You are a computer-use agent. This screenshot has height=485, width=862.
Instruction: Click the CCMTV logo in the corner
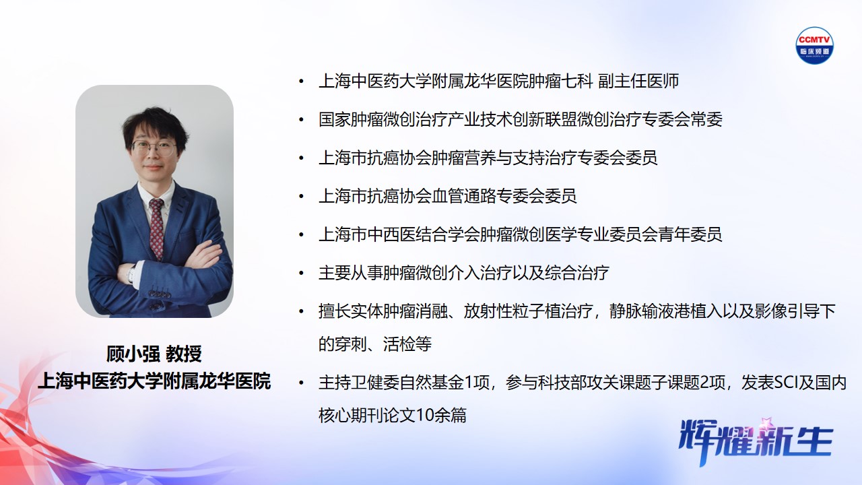tap(814, 45)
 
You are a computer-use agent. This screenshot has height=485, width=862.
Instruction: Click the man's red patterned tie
tap(156, 226)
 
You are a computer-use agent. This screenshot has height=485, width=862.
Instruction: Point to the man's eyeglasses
tap(154, 147)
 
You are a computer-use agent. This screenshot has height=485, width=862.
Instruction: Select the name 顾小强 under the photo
tap(133, 354)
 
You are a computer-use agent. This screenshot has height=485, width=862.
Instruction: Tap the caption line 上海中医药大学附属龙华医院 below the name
tap(154, 381)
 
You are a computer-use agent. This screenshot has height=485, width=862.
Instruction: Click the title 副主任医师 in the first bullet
tap(638, 82)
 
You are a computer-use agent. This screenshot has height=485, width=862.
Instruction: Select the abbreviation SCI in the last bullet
tap(783, 383)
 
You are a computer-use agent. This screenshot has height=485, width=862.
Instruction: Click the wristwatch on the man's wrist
tap(132, 273)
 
